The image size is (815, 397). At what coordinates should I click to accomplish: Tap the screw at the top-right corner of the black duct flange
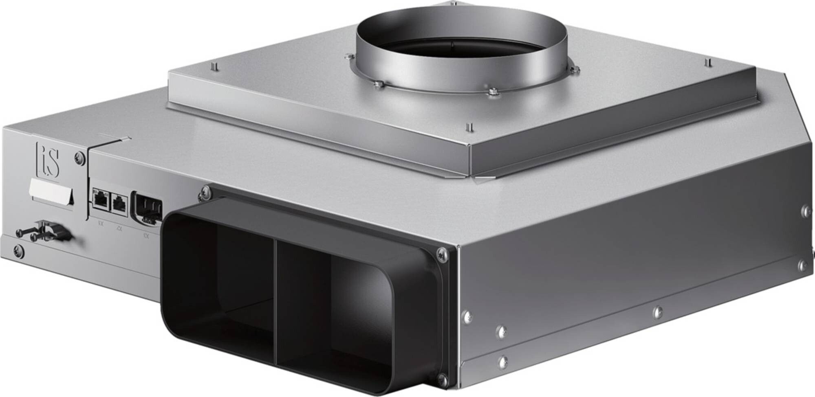441,254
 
